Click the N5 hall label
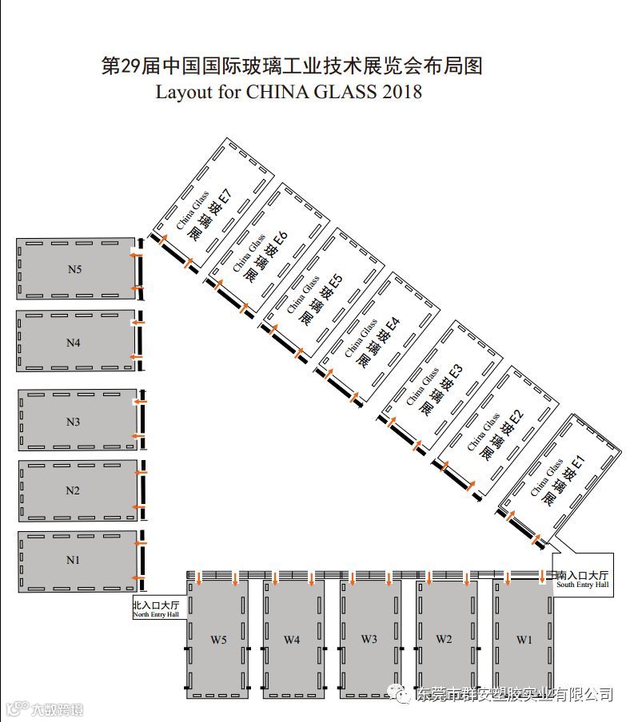click(74, 269)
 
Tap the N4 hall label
click(74, 343)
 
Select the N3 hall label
click(74, 421)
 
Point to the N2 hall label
click(73, 490)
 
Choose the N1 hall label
click(74, 560)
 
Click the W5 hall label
click(218, 639)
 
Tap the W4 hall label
click(292, 639)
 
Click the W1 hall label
click(524, 639)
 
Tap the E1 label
click(578, 461)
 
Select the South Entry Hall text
click(582, 585)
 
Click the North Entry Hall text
click(156, 614)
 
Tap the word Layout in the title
click(183, 92)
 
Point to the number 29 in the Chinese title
click(130, 66)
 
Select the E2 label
click(515, 416)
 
